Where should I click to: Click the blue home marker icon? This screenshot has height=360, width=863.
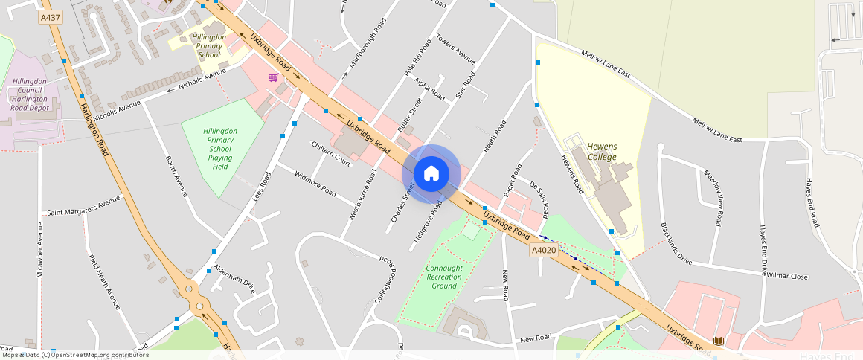[x=431, y=173]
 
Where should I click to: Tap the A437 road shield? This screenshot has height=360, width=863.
[x=51, y=16]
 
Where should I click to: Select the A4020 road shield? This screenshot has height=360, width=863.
[x=543, y=251]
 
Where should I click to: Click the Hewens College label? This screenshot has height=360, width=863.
[x=601, y=152]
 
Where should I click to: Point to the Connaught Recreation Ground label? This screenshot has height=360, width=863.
[x=444, y=277]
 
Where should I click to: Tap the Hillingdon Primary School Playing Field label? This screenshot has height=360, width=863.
[x=220, y=148]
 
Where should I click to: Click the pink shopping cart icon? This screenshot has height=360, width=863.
[x=273, y=77]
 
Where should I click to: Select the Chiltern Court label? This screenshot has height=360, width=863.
[x=331, y=153]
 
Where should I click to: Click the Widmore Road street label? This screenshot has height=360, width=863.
[x=315, y=183]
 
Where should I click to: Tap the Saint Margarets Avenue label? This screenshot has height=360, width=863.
[x=83, y=206]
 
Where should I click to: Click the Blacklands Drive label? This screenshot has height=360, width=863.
[x=676, y=244]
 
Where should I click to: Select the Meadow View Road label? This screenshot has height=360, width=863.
[x=713, y=197]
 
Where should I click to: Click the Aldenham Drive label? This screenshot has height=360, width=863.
[x=234, y=277]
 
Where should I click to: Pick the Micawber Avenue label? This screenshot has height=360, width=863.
[x=40, y=249]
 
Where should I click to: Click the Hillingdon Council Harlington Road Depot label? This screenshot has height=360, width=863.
[x=29, y=94]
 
